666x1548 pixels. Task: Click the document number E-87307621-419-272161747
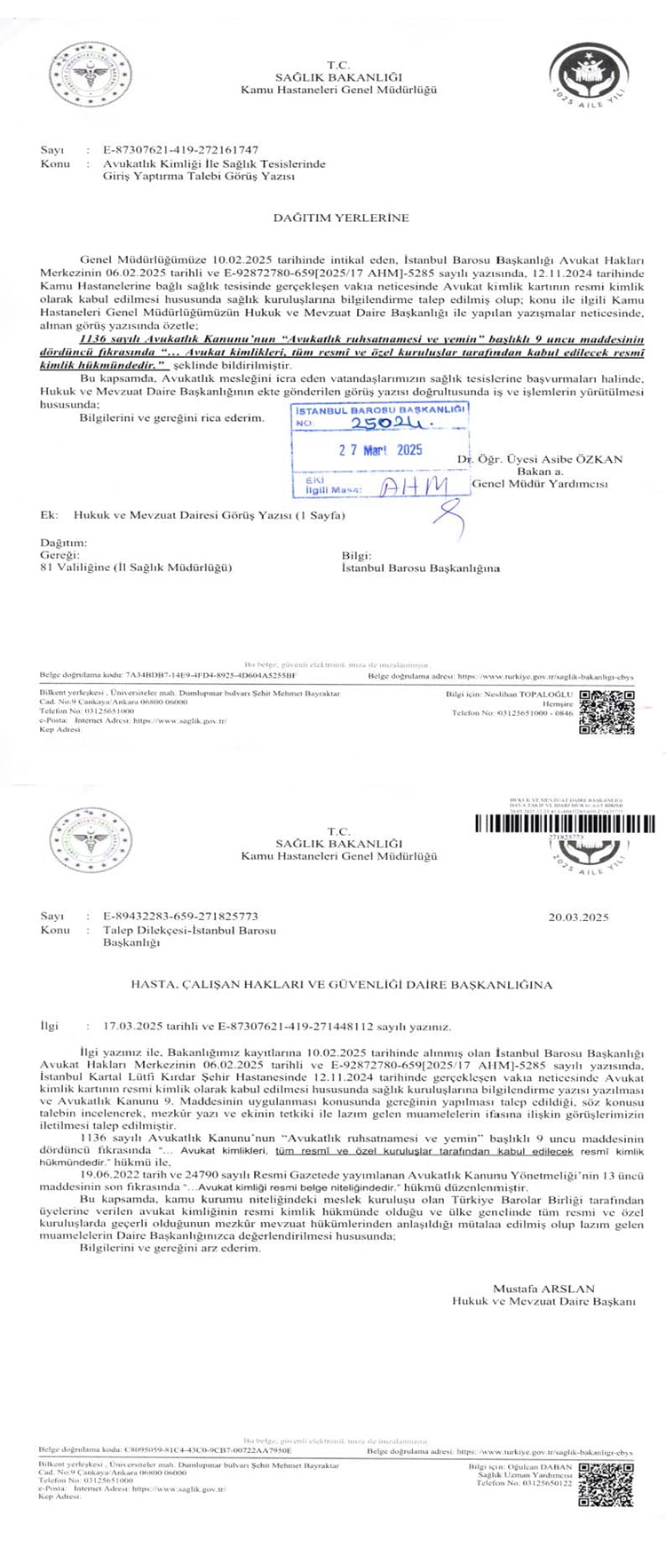(180, 150)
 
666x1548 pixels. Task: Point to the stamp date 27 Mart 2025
(380, 450)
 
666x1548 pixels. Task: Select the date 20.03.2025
(578, 917)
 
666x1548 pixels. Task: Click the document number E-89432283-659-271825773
(180, 917)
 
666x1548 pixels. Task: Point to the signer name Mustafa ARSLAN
(543, 1288)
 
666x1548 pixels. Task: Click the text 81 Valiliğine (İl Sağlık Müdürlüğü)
(136, 567)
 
